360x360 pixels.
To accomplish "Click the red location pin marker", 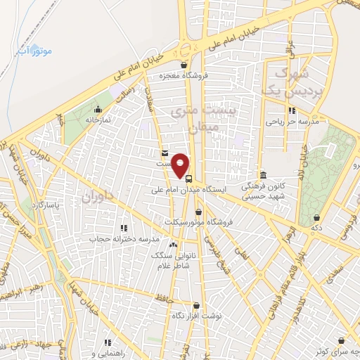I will pyautogui.click(x=181, y=165).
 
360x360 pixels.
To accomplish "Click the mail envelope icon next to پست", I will pyautogui.click(x=165, y=153).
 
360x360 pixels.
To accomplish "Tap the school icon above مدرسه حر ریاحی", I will pyautogui.click(x=291, y=110).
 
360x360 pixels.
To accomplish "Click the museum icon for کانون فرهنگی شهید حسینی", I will pyautogui.click(x=262, y=175).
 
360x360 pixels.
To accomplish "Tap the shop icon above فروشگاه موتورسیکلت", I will pyautogui.click(x=199, y=211).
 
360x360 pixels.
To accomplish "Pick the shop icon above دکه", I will pyautogui.click(x=317, y=218).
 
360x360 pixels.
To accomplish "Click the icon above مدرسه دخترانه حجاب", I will pyautogui.click(x=124, y=228).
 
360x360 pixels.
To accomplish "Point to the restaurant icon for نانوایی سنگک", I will pyautogui.click(x=173, y=244).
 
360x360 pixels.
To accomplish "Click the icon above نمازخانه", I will pyautogui.click(x=98, y=109).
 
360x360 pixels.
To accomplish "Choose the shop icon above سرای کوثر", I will pyautogui.click(x=341, y=340).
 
